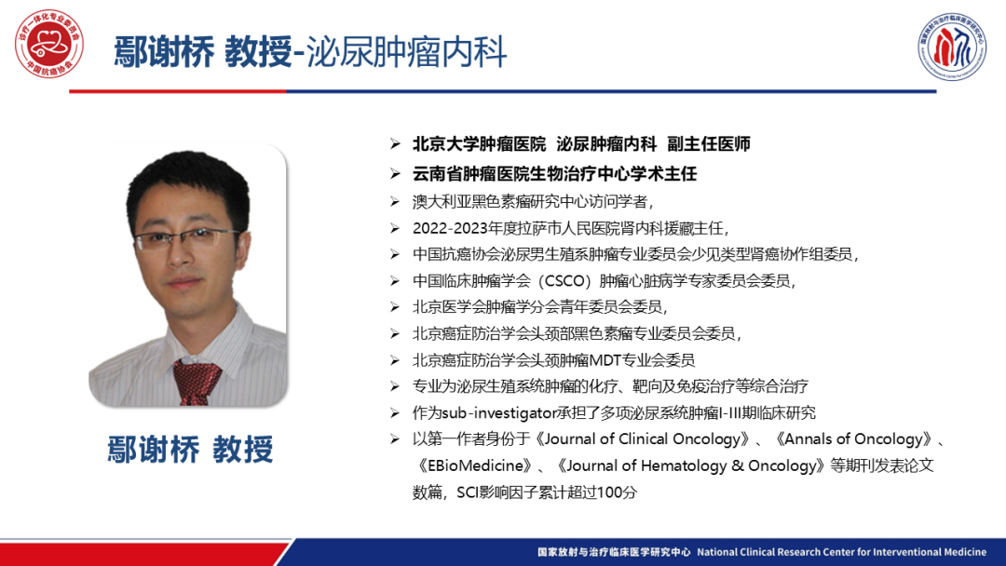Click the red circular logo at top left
tap(49, 44)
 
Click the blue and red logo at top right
tap(951, 47)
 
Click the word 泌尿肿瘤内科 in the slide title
tap(407, 52)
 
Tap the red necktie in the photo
tap(196, 382)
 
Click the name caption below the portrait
tap(191, 449)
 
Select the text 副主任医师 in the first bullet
tap(709, 144)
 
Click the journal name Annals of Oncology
tap(857, 439)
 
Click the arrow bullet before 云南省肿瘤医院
tap(395, 174)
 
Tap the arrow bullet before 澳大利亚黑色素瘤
tap(395, 202)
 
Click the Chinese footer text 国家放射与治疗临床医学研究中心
tap(614, 552)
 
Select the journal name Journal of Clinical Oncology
tap(642, 439)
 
